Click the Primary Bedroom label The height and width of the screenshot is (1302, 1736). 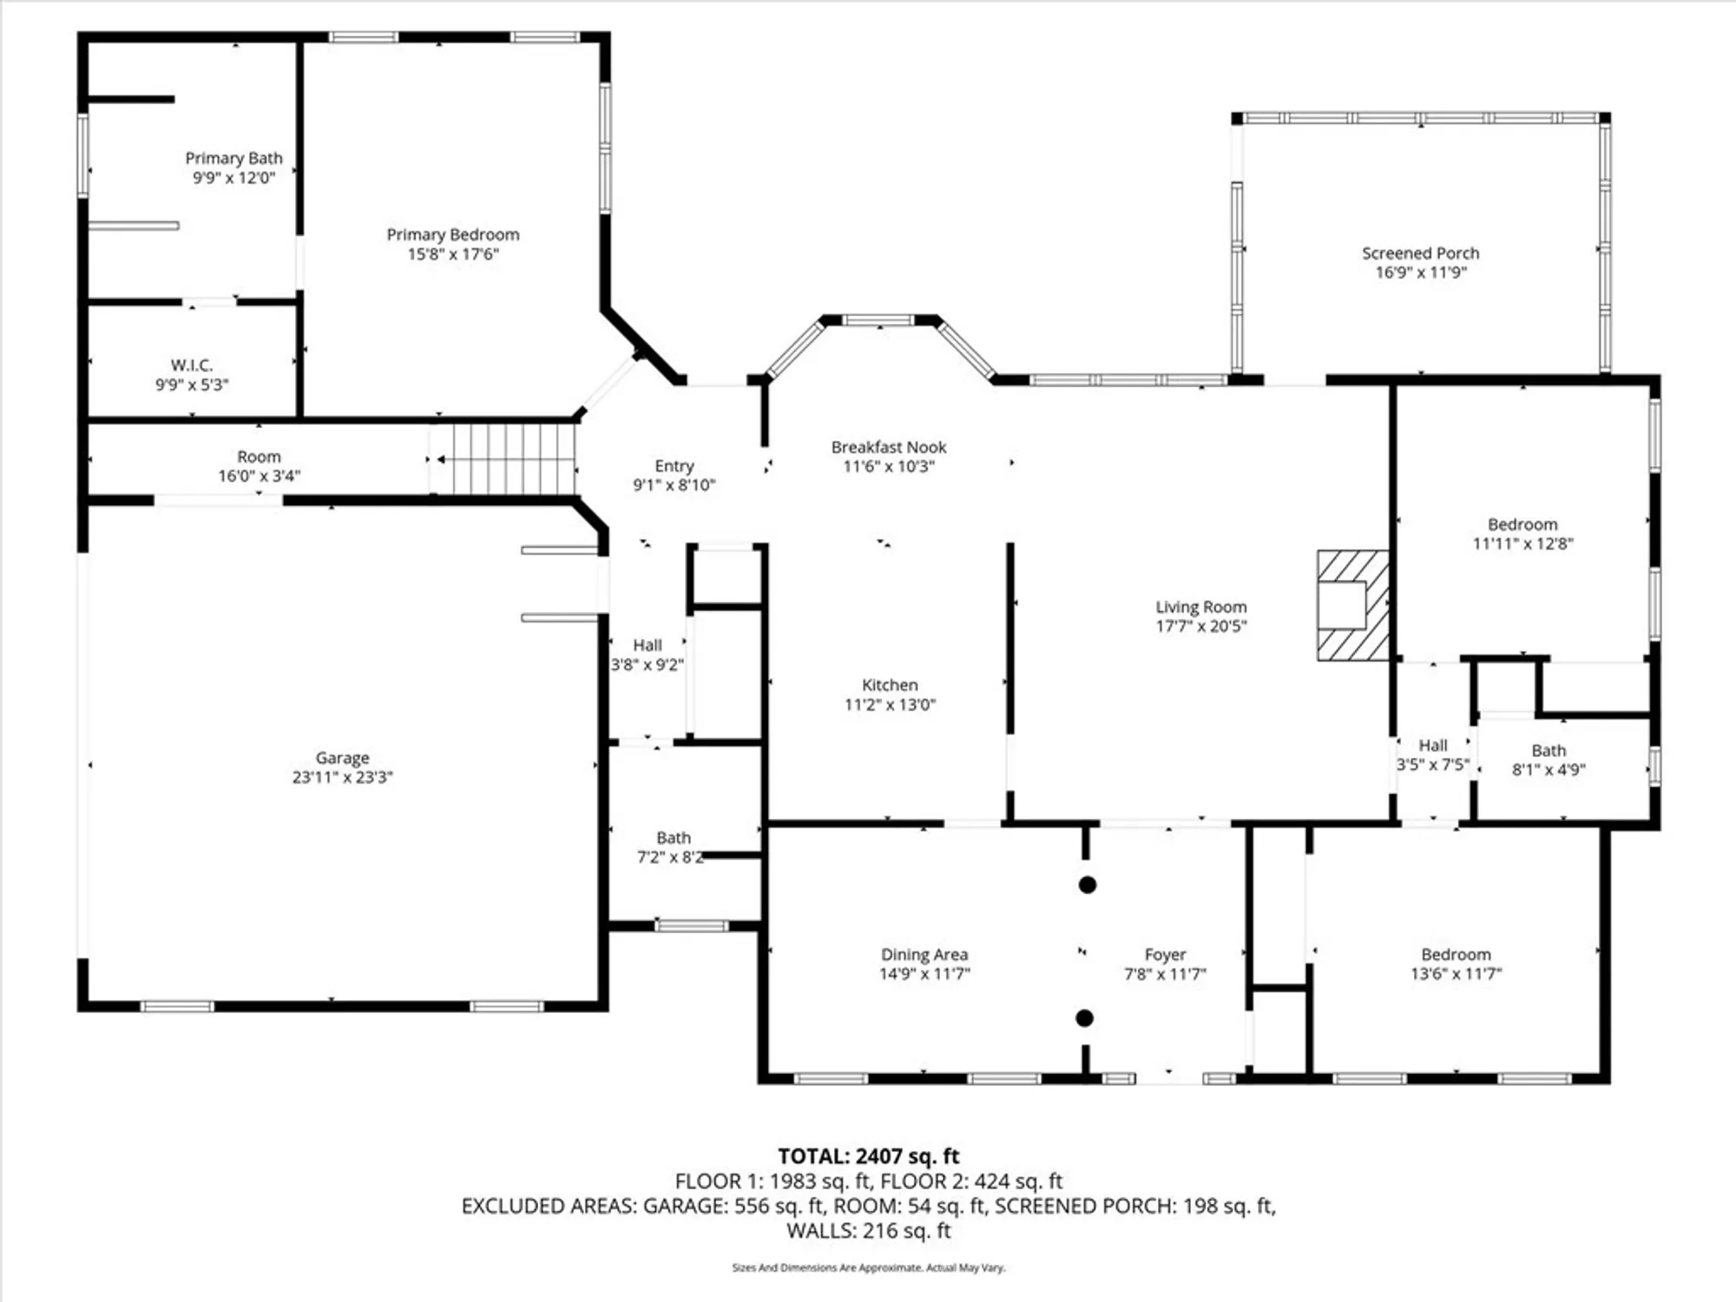coord(452,234)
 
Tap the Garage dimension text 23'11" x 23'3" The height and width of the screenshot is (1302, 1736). coord(342,777)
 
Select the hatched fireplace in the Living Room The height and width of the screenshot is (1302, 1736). coord(1351,605)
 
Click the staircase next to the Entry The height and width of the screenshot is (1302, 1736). coord(512,459)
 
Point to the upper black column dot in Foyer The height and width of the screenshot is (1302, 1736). coord(1087,884)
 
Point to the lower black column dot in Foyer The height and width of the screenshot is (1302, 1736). coord(1084,1018)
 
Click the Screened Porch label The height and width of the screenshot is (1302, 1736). coord(1420,253)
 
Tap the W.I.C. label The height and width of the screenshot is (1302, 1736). coord(192,365)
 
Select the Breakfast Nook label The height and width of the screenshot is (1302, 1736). coord(888,447)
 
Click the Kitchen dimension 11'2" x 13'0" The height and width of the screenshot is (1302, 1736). coord(890,705)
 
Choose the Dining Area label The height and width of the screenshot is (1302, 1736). coord(924,955)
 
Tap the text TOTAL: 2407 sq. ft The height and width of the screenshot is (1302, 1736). coord(868,1156)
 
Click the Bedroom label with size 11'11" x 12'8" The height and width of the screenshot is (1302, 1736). coord(1522,524)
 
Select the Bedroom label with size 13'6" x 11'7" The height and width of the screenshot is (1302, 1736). coord(1456,955)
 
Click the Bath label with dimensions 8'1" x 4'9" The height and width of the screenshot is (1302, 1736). coord(1549,750)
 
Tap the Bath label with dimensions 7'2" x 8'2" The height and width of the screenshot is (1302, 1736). coord(674,838)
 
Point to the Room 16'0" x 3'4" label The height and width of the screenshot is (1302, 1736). coord(259,457)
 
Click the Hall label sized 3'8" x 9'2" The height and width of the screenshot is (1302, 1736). coord(647,645)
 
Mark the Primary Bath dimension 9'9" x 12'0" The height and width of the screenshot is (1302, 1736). coord(233,178)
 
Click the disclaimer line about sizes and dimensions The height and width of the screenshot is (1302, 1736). coord(868,1267)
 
